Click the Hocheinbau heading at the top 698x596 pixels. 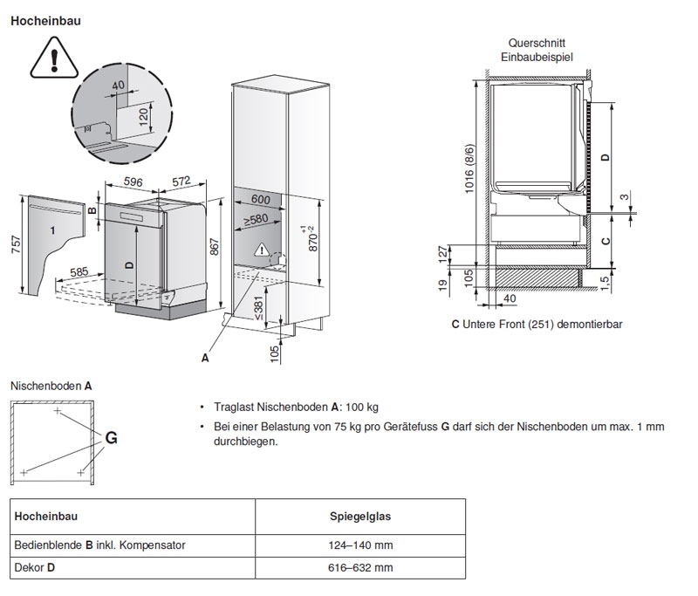point(45,19)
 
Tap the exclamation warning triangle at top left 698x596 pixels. point(54,58)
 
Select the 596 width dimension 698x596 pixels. point(133,182)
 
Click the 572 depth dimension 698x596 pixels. point(181,182)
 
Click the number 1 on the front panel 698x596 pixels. point(51,229)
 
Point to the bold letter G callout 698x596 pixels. point(111,438)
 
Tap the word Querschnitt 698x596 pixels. point(535,43)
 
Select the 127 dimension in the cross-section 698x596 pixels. point(442,254)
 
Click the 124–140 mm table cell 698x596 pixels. point(359,545)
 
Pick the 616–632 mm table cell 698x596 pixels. point(359,568)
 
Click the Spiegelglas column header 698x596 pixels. point(359,516)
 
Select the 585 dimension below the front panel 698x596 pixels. point(79,272)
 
